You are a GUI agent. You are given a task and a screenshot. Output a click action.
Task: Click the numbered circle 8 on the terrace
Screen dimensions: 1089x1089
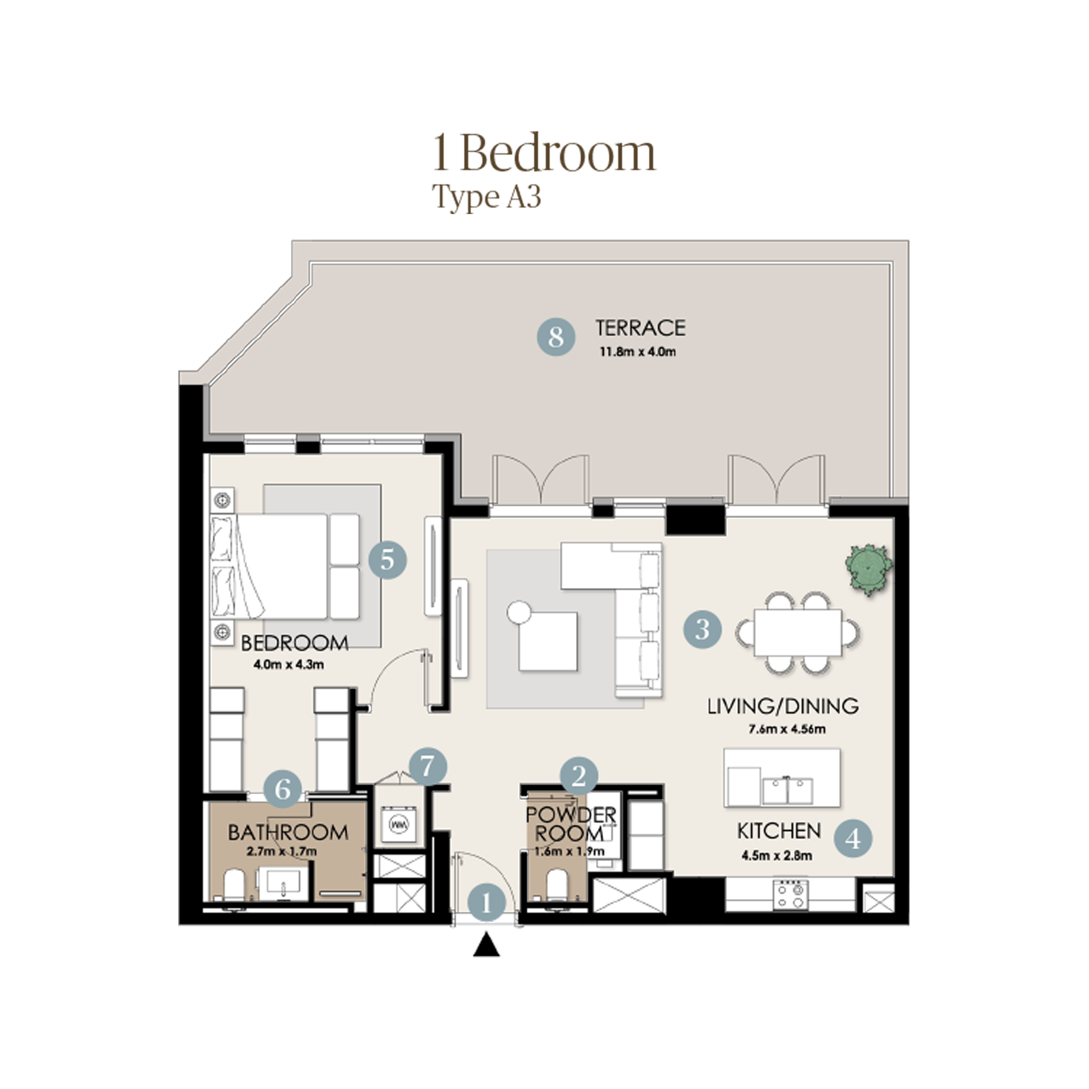coord(556,337)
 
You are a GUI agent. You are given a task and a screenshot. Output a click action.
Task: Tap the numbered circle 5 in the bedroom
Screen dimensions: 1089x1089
coord(387,560)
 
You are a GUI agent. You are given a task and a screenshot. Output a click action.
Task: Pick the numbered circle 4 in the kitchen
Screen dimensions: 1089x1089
coord(853,839)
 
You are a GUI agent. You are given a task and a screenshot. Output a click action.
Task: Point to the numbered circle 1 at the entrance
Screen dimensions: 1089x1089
coord(486,903)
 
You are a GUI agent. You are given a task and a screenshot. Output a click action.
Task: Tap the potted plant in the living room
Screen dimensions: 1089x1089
coord(868,569)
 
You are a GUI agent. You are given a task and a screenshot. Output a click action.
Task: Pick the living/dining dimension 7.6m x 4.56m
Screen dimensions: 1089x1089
coord(787,729)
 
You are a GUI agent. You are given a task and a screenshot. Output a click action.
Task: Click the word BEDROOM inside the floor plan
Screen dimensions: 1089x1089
coord(294,643)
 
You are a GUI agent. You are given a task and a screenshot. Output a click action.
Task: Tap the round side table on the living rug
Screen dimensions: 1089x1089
coord(519,612)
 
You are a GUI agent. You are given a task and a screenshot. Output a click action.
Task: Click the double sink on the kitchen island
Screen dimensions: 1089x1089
coord(788,791)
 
